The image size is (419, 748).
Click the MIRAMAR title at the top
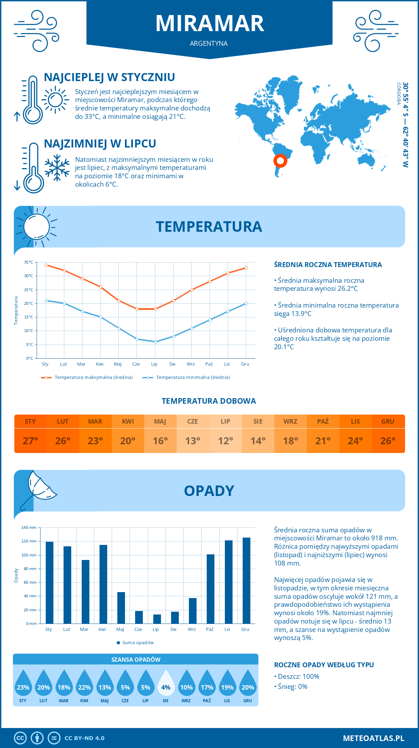pyautogui.click(x=209, y=23)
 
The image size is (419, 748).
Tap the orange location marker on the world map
pyautogui.click(x=280, y=161)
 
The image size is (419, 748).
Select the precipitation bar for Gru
pyautogui.click(x=247, y=581)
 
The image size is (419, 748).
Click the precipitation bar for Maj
pyautogui.click(x=121, y=608)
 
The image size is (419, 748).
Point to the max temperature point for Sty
pyautogui.click(x=46, y=265)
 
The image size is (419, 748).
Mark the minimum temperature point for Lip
pyautogui.click(x=155, y=342)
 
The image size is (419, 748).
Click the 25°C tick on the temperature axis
pyautogui.click(x=29, y=290)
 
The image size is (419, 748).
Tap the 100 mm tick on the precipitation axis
pyautogui.click(x=29, y=555)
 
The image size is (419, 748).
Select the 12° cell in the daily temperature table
pyautogui.click(x=225, y=441)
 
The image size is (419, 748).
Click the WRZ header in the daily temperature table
pyautogui.click(x=290, y=422)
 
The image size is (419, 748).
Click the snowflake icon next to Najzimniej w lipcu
pyautogui.click(x=57, y=168)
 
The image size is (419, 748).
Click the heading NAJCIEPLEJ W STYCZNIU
pyautogui.click(x=109, y=77)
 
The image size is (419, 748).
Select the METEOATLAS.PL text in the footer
pyautogui.click(x=373, y=738)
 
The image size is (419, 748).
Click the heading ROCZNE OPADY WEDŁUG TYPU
pyautogui.click(x=324, y=665)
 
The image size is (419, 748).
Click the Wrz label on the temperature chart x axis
pyautogui.click(x=191, y=364)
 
